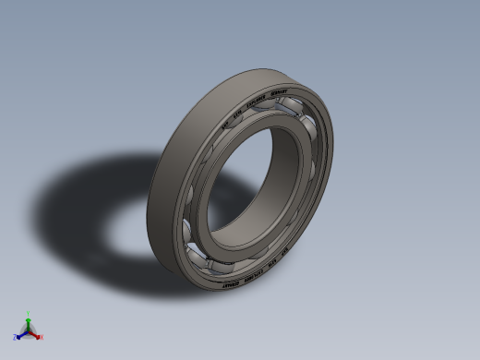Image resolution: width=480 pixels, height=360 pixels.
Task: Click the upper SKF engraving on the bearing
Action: (x=223, y=123)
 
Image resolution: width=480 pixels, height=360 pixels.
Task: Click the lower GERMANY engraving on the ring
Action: (x=234, y=282)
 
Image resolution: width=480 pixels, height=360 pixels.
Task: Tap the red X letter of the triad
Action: (x=41, y=337)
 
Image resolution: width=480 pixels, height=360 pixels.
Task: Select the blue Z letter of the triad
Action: (x=16, y=337)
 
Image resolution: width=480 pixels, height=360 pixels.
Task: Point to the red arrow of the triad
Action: (x=35, y=333)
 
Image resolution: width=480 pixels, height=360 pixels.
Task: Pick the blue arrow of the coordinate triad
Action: (x=21, y=333)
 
